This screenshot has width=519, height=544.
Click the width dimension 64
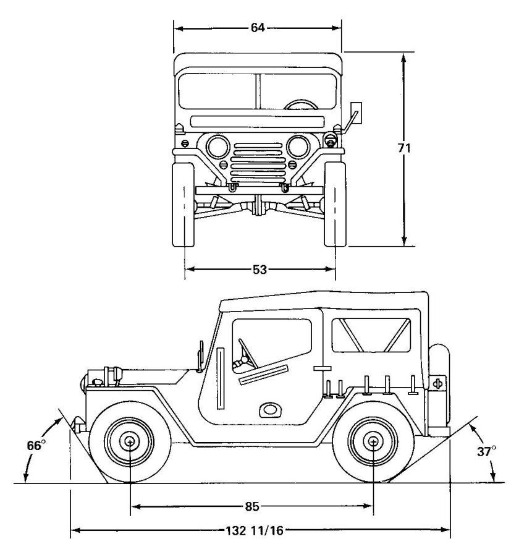(x=257, y=28)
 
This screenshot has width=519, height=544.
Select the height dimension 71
(x=403, y=148)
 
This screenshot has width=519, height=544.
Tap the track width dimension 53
(x=259, y=269)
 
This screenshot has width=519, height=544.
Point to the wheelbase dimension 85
(x=251, y=507)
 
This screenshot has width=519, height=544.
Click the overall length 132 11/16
(x=259, y=529)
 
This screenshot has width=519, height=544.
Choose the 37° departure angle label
(x=487, y=451)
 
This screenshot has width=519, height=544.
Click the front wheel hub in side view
(x=130, y=441)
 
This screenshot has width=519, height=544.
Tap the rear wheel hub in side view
(x=374, y=441)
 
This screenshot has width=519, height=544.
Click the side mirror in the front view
(x=355, y=110)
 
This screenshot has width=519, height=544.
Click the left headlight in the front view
(x=218, y=147)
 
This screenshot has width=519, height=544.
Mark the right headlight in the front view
(x=299, y=147)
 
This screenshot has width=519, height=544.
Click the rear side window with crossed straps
(x=371, y=335)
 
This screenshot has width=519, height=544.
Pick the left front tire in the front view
(x=184, y=204)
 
